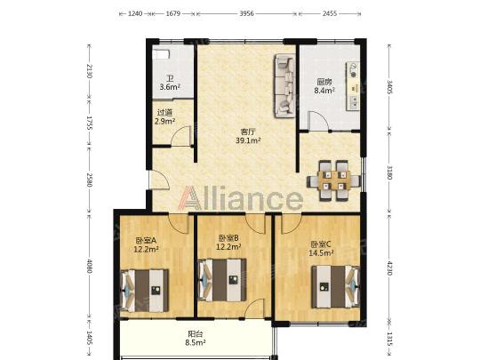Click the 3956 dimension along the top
tap(246, 13)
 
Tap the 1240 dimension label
tap(135, 13)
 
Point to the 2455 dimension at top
tap(330, 13)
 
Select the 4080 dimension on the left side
tap(89, 266)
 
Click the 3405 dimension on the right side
tap(389, 86)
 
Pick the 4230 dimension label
tap(389, 268)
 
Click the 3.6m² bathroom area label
tap(170, 87)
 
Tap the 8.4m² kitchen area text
tap(324, 91)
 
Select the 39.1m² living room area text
tap(248, 140)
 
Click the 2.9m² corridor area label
tap(164, 121)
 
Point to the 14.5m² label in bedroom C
tap(321, 253)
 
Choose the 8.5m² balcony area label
tap(195, 342)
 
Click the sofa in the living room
tap(285, 85)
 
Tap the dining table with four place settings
tap(334, 180)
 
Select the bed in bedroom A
tap(145, 291)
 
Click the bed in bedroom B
tap(222, 280)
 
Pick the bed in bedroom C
tap(335, 287)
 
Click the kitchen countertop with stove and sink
tap(353, 86)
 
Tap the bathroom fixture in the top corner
tap(161, 53)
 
